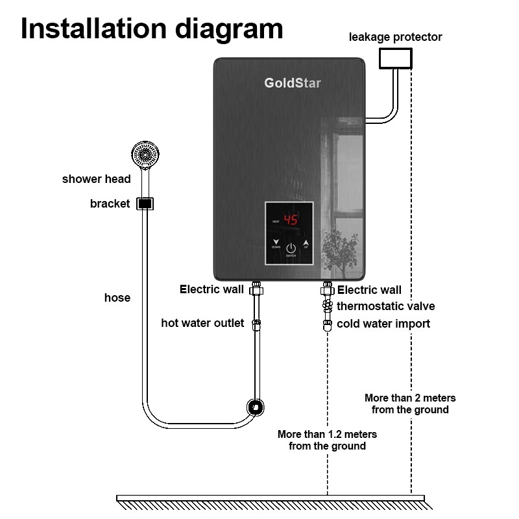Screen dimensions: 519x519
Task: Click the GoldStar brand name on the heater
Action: (x=292, y=83)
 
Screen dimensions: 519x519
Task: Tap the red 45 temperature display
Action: (x=291, y=221)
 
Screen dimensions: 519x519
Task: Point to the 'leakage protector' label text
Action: (x=395, y=37)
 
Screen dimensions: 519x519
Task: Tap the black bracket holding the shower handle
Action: (x=145, y=204)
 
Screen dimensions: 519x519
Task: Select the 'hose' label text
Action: (x=117, y=298)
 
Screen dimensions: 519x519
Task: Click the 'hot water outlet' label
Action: (x=202, y=323)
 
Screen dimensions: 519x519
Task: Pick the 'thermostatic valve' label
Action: (x=385, y=306)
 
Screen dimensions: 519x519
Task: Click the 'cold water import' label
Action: (x=383, y=324)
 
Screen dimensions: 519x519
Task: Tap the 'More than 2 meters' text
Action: (x=410, y=398)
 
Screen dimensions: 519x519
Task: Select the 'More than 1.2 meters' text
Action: (x=327, y=434)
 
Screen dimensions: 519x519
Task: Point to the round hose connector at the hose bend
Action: (x=255, y=407)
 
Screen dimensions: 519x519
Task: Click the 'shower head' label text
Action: (x=96, y=179)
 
